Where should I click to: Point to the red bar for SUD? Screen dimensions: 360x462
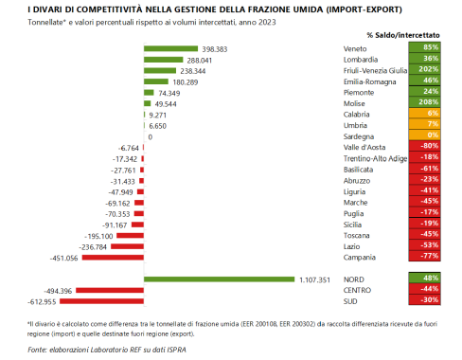pos(119,302)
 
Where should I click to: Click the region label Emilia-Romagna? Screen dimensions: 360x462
pos(366,81)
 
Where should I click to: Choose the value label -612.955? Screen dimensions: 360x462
pos(78,302)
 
